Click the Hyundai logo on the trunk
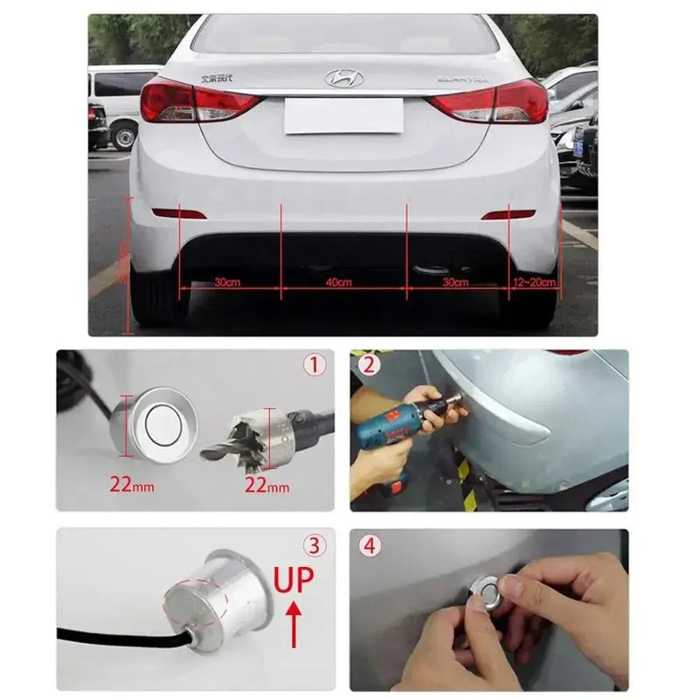[343, 79]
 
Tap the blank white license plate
[343, 115]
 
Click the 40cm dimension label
[338, 282]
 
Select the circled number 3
[315, 546]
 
